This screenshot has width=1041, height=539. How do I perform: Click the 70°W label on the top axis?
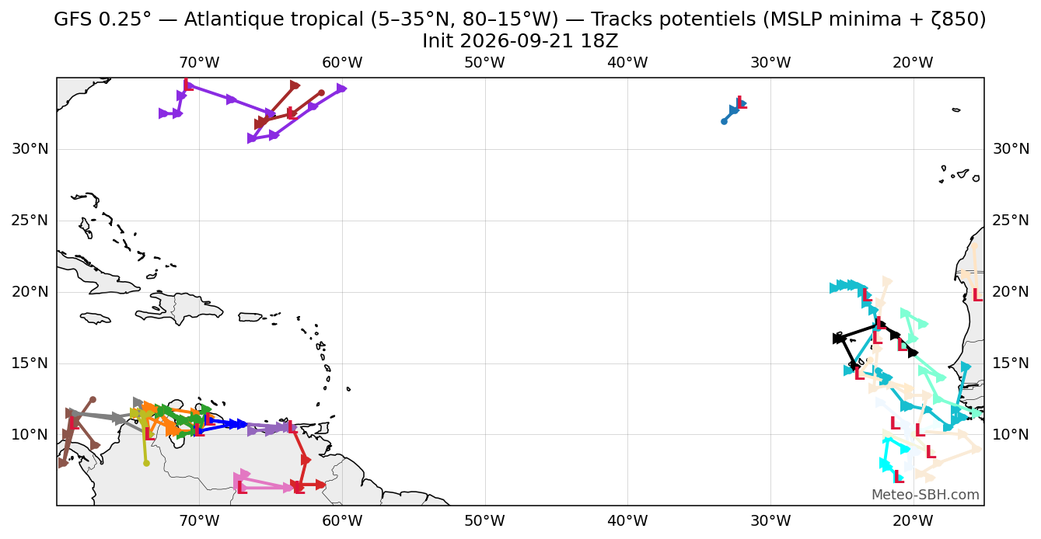(x=199, y=62)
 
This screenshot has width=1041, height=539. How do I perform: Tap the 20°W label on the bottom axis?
(x=913, y=520)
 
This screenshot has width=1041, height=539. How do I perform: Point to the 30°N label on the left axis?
(x=30, y=149)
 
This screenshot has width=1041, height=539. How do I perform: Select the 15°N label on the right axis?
(x=1011, y=363)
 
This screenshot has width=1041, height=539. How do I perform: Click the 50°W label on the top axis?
(x=484, y=62)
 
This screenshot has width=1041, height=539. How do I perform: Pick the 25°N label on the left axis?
(x=30, y=220)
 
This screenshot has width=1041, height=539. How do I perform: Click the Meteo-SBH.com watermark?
(x=925, y=495)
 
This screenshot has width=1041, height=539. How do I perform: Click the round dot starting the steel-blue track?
(x=724, y=122)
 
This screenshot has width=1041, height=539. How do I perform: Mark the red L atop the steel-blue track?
(x=742, y=103)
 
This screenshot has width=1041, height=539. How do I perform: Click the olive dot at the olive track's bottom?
(x=146, y=464)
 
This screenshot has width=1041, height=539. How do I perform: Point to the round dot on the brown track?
(x=93, y=400)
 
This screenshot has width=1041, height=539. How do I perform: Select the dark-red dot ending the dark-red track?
(x=321, y=93)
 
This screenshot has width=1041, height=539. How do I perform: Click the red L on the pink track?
(x=242, y=488)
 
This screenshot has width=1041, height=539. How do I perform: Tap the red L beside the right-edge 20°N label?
(x=978, y=294)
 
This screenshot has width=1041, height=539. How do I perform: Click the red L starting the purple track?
(x=188, y=85)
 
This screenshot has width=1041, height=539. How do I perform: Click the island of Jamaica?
(x=96, y=318)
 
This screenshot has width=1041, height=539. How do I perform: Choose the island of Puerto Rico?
(x=250, y=317)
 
